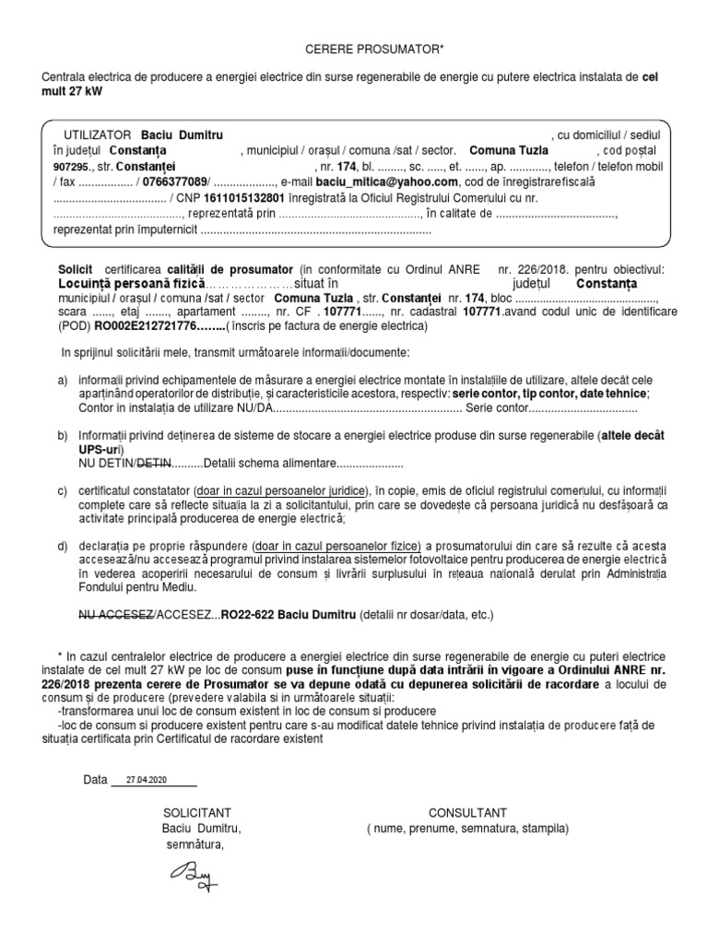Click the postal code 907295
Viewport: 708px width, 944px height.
pos(71,167)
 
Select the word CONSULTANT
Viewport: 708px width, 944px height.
pos(467,812)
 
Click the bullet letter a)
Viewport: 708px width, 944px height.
pos(63,380)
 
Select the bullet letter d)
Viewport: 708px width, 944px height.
pos(63,546)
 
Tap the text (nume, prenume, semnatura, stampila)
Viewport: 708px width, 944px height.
pos(467,829)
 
